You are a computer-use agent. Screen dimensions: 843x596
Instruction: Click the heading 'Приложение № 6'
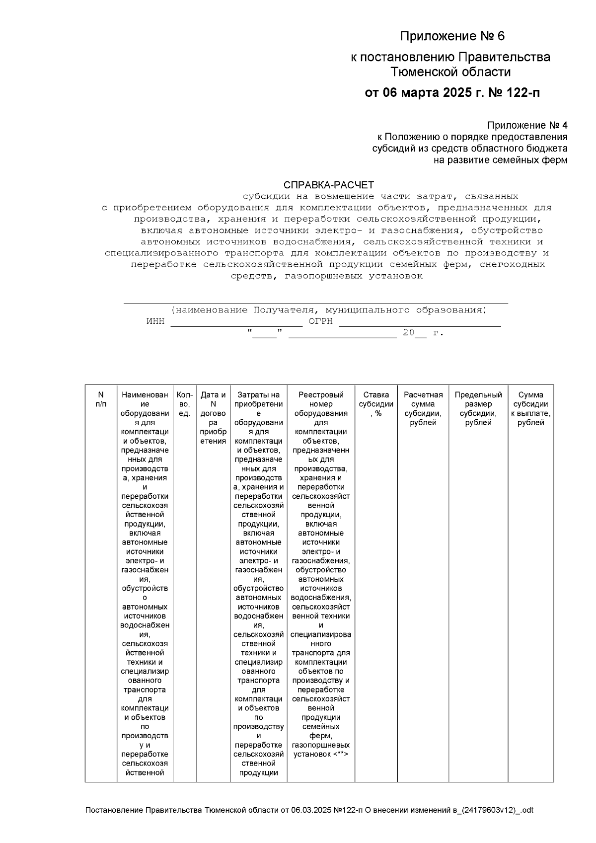point(452,36)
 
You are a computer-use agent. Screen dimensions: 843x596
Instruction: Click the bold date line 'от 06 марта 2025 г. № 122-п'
point(452,93)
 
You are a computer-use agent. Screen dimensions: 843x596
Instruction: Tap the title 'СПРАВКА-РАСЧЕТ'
point(328,185)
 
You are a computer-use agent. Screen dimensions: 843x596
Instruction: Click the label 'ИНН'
point(155,321)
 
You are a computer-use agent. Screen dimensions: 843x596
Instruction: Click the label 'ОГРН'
point(321,321)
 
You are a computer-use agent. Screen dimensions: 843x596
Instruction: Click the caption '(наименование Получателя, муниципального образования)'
point(328,310)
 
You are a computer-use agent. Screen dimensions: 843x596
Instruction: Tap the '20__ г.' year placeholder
point(423,333)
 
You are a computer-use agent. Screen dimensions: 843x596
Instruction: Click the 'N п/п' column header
point(101,399)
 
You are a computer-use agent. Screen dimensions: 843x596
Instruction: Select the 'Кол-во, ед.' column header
point(184,404)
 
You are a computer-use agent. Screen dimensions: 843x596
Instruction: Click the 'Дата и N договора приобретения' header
point(213,418)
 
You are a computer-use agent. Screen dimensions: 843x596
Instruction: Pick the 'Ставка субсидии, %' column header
point(376,404)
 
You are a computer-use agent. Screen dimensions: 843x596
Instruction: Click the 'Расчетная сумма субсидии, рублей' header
point(423,408)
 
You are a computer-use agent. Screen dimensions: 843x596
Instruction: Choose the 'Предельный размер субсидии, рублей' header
point(478,408)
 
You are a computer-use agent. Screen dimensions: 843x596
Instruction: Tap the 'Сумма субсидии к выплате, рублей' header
point(530,408)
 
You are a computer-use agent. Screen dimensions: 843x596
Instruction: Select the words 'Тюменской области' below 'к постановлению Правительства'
point(450,72)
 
